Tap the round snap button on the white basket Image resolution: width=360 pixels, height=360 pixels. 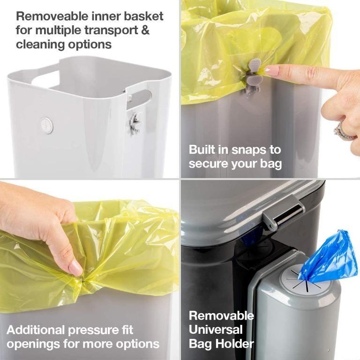pos(46,125)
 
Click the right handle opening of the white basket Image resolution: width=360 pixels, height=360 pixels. pos(140,99)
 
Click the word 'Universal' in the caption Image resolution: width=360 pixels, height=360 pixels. pos(216,330)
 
